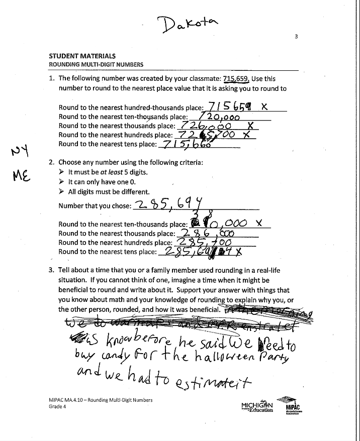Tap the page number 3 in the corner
pyautogui.click(x=297, y=37)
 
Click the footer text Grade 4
pyautogui.click(x=57, y=407)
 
